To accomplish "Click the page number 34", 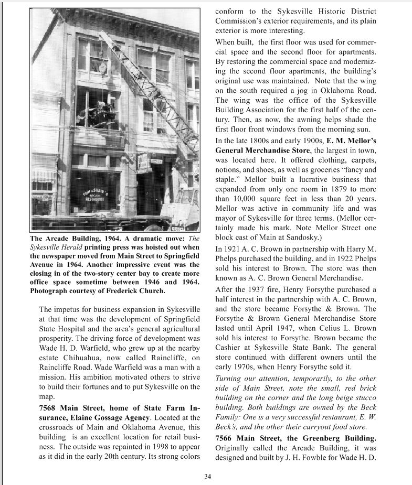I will click(207, 476).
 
